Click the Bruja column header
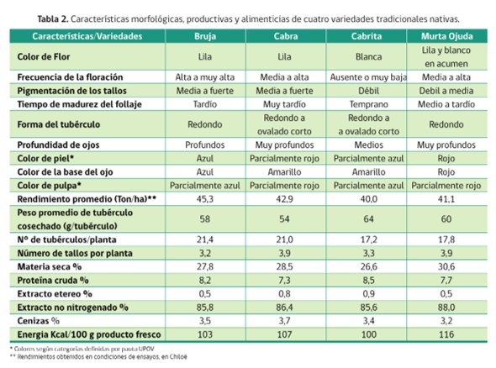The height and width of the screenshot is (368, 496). point(205,36)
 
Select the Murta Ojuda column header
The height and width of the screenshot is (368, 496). point(446,36)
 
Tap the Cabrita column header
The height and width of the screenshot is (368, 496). point(367,36)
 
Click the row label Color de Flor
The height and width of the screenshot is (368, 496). point(44,56)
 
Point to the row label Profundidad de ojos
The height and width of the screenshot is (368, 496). point(58,145)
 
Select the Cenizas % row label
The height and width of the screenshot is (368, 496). point(39,321)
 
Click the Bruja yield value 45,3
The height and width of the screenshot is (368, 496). point(205,199)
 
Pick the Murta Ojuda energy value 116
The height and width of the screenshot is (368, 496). point(446,334)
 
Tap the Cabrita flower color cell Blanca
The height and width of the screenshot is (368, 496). point(369,56)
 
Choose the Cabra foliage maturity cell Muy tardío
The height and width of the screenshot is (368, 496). point(284,104)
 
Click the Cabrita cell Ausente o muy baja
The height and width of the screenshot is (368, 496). point(368,77)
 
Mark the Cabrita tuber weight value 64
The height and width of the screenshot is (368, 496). point(368,219)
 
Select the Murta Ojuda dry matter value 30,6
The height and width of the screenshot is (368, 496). point(446,267)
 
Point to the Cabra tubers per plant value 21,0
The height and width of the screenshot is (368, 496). point(284,239)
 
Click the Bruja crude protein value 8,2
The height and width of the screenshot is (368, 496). point(205,281)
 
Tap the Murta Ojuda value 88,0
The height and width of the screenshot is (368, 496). point(446,308)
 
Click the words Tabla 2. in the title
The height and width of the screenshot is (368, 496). point(53,19)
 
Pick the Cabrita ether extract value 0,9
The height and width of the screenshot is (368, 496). point(368,294)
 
